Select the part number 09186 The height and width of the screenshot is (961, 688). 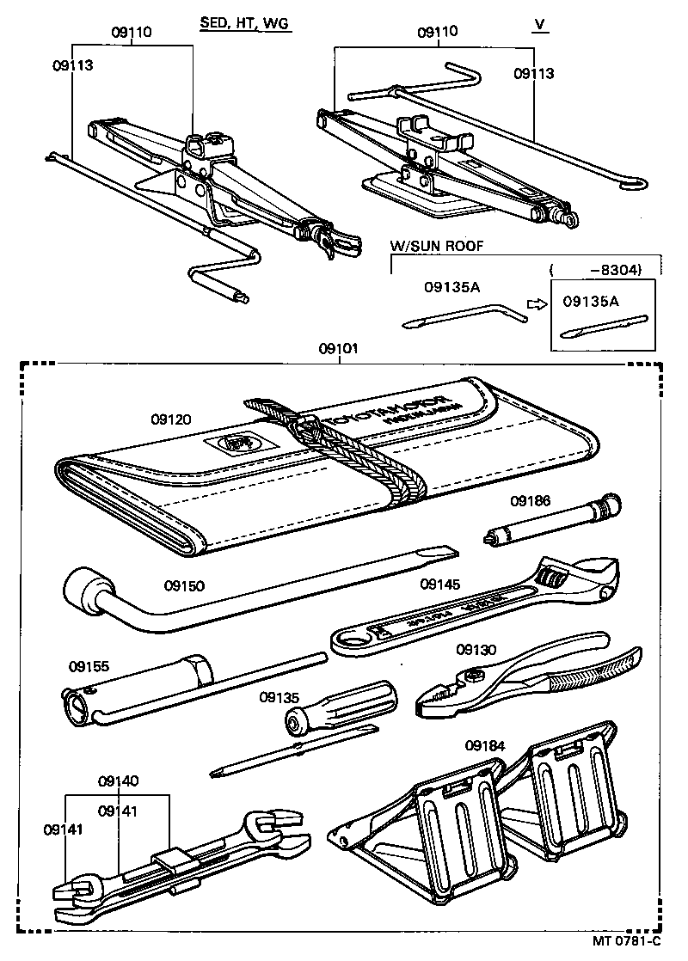530,500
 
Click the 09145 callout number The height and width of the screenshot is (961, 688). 440,585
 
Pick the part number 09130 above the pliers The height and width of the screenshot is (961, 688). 476,650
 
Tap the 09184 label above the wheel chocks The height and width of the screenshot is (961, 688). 485,745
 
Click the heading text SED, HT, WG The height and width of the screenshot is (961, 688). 245,24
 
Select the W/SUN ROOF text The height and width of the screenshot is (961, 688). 437,246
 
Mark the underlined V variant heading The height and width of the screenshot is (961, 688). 539,24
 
